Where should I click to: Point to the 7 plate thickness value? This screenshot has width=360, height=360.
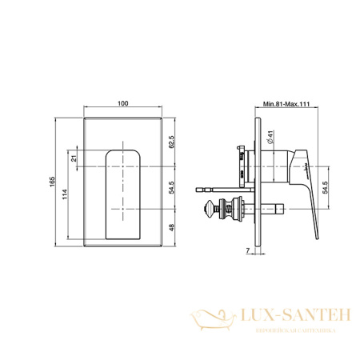(x=248, y=250)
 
